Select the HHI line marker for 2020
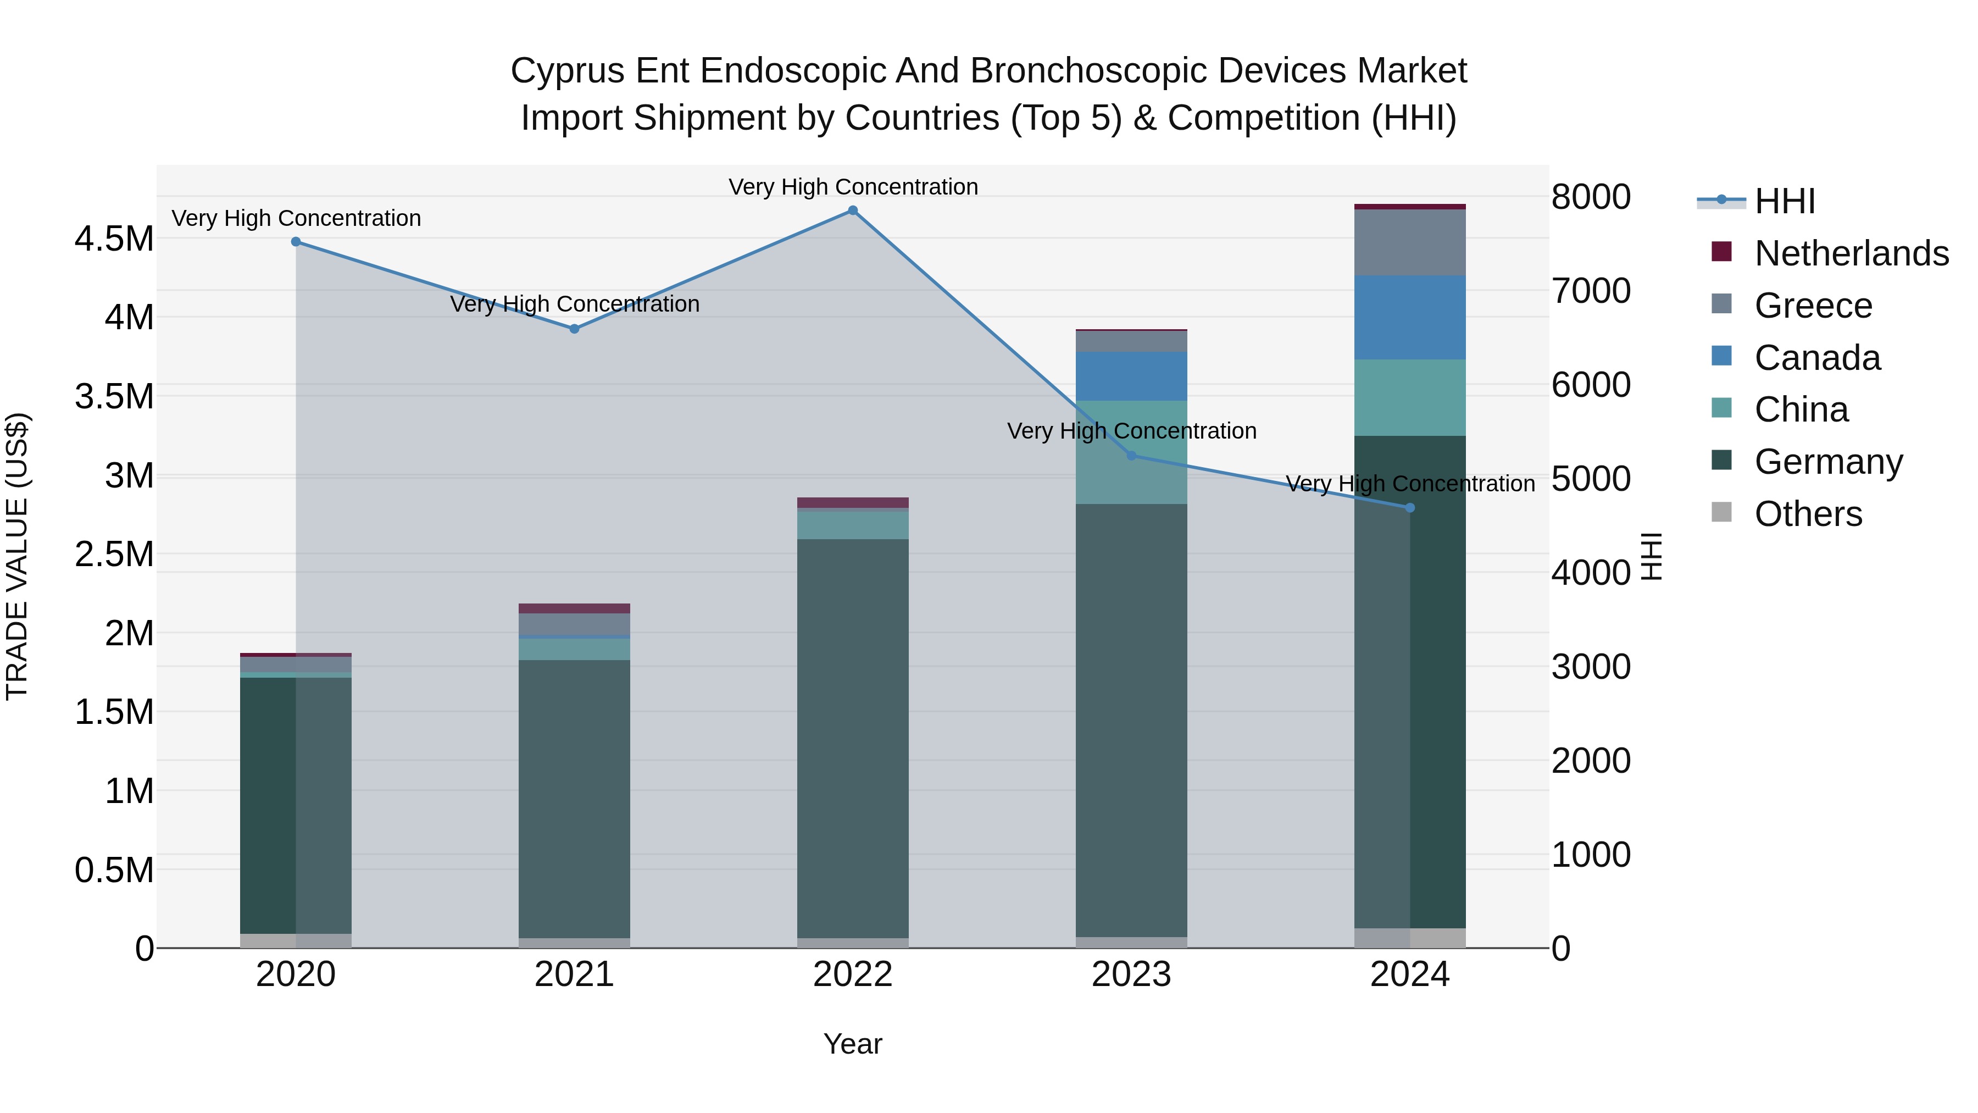tap(296, 242)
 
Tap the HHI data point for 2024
tap(1410, 508)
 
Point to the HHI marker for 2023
tap(1131, 456)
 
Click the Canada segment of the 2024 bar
tap(1410, 317)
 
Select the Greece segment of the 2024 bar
tap(1410, 242)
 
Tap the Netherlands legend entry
tap(1851, 253)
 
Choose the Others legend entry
tap(1808, 513)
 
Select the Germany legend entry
tap(1827, 461)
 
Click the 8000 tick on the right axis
tap(1591, 197)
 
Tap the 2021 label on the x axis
tap(574, 974)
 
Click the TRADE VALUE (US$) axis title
tap(17, 556)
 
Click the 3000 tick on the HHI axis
tap(1591, 667)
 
